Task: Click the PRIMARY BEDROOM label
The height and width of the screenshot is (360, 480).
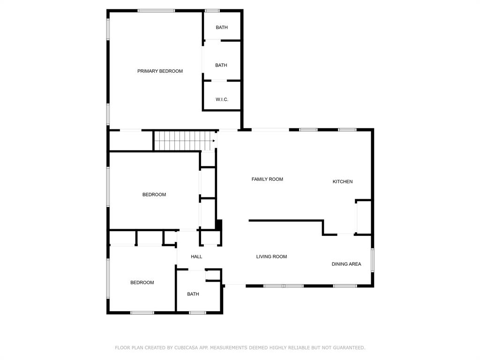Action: pos(160,71)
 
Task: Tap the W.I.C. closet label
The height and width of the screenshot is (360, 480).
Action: pos(222,99)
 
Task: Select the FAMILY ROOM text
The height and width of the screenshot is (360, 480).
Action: pos(267,179)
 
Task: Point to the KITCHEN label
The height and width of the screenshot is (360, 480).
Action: pos(343,181)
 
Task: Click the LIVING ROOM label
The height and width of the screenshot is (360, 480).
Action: pos(271,256)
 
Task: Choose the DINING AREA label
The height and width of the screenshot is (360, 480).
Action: pos(346,264)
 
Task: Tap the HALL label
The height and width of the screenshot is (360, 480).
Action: pos(196,256)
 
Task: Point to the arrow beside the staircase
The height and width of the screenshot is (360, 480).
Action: pos(214,141)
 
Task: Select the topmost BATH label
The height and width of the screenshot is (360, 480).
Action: pos(222,27)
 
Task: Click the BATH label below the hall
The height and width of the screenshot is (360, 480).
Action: pos(193,294)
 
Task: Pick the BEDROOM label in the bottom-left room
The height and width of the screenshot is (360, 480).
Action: pos(142,282)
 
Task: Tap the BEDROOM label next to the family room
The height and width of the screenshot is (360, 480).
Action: pos(154,195)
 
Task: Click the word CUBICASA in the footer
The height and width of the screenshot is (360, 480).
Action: pos(187,348)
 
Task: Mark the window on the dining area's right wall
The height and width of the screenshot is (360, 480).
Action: pos(373,260)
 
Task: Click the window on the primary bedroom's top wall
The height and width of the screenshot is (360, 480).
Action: pos(156,10)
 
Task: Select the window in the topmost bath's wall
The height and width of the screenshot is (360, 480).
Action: pos(212,10)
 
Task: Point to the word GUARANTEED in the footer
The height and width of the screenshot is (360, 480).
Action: pos(347,348)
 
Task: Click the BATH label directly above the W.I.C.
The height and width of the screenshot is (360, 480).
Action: pos(221,65)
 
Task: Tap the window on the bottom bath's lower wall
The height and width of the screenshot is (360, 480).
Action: pos(197,313)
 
